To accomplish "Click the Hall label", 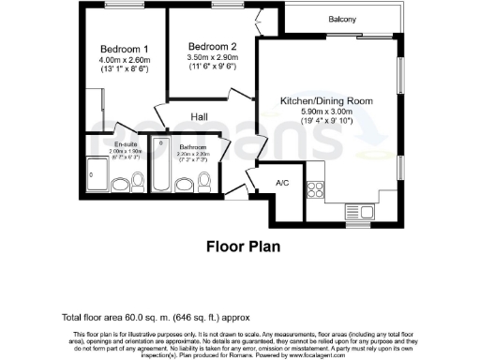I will coord(200,117).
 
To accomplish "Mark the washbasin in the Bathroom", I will coord(207,185).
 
